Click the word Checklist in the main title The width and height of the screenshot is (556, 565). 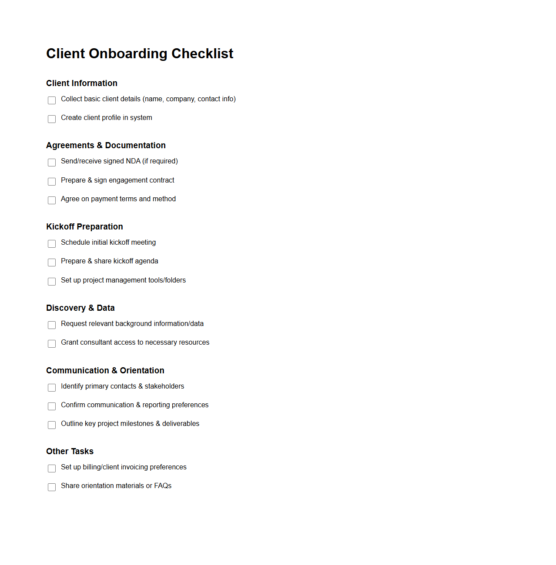202,53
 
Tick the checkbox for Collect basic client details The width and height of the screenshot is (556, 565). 52,100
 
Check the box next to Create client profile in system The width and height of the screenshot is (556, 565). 52,119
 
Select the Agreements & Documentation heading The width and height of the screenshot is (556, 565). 106,145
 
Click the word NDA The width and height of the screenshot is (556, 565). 133,161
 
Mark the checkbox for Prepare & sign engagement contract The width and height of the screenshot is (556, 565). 52,182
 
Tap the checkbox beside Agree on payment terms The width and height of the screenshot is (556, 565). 52,200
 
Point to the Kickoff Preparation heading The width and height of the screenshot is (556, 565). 84,226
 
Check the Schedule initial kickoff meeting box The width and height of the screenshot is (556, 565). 52,244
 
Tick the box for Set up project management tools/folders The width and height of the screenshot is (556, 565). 52,282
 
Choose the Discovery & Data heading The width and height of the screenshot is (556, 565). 80,308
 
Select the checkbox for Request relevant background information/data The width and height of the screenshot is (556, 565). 52,325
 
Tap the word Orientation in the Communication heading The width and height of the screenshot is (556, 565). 142,370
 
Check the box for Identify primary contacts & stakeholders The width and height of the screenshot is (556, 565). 52,388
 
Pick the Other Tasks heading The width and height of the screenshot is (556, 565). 70,451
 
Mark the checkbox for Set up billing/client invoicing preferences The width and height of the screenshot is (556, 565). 52,469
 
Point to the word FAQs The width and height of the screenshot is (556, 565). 163,486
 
